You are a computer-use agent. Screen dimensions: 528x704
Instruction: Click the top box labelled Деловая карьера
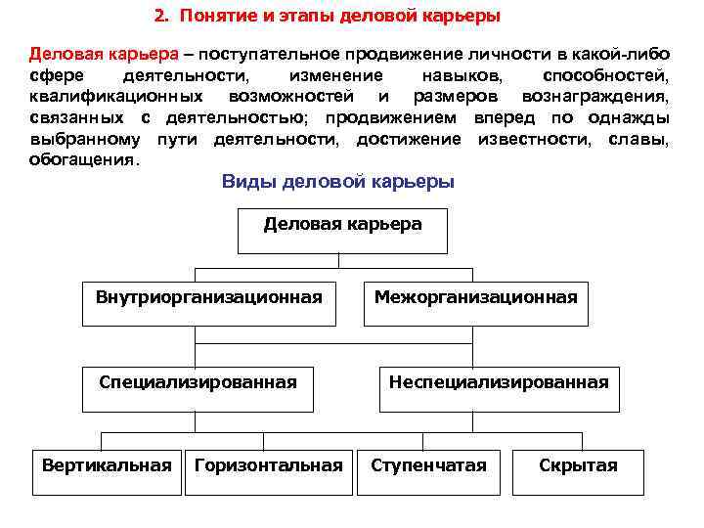[342, 226]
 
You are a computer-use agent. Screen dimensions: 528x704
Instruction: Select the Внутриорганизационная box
[209, 298]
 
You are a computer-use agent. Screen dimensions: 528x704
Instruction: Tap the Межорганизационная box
[476, 298]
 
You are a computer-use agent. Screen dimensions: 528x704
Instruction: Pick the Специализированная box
[198, 383]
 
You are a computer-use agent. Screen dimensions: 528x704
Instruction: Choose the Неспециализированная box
[498, 383]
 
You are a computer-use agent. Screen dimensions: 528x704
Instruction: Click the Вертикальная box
[107, 466]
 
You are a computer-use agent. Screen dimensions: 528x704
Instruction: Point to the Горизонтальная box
[269, 466]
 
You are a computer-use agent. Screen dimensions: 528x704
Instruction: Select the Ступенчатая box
[428, 466]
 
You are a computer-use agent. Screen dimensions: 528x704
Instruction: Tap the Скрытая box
[578, 466]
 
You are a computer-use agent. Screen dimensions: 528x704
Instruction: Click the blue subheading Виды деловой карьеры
[337, 182]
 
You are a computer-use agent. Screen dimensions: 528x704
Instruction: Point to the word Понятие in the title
[212, 18]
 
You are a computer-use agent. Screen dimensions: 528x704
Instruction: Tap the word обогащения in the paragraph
[84, 158]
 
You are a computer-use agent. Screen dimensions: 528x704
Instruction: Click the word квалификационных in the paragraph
[115, 97]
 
